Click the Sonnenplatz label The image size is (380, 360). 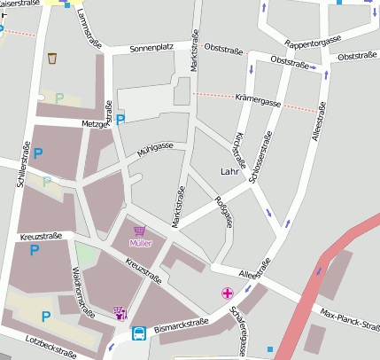pos(151,49)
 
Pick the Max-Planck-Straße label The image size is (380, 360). pos(349,318)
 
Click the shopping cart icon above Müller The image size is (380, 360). pos(140,229)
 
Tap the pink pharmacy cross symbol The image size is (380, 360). pos(228,293)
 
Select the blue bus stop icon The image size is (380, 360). pos(140,334)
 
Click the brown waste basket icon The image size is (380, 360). pos(52,59)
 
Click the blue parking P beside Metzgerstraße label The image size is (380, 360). pos(120,119)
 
